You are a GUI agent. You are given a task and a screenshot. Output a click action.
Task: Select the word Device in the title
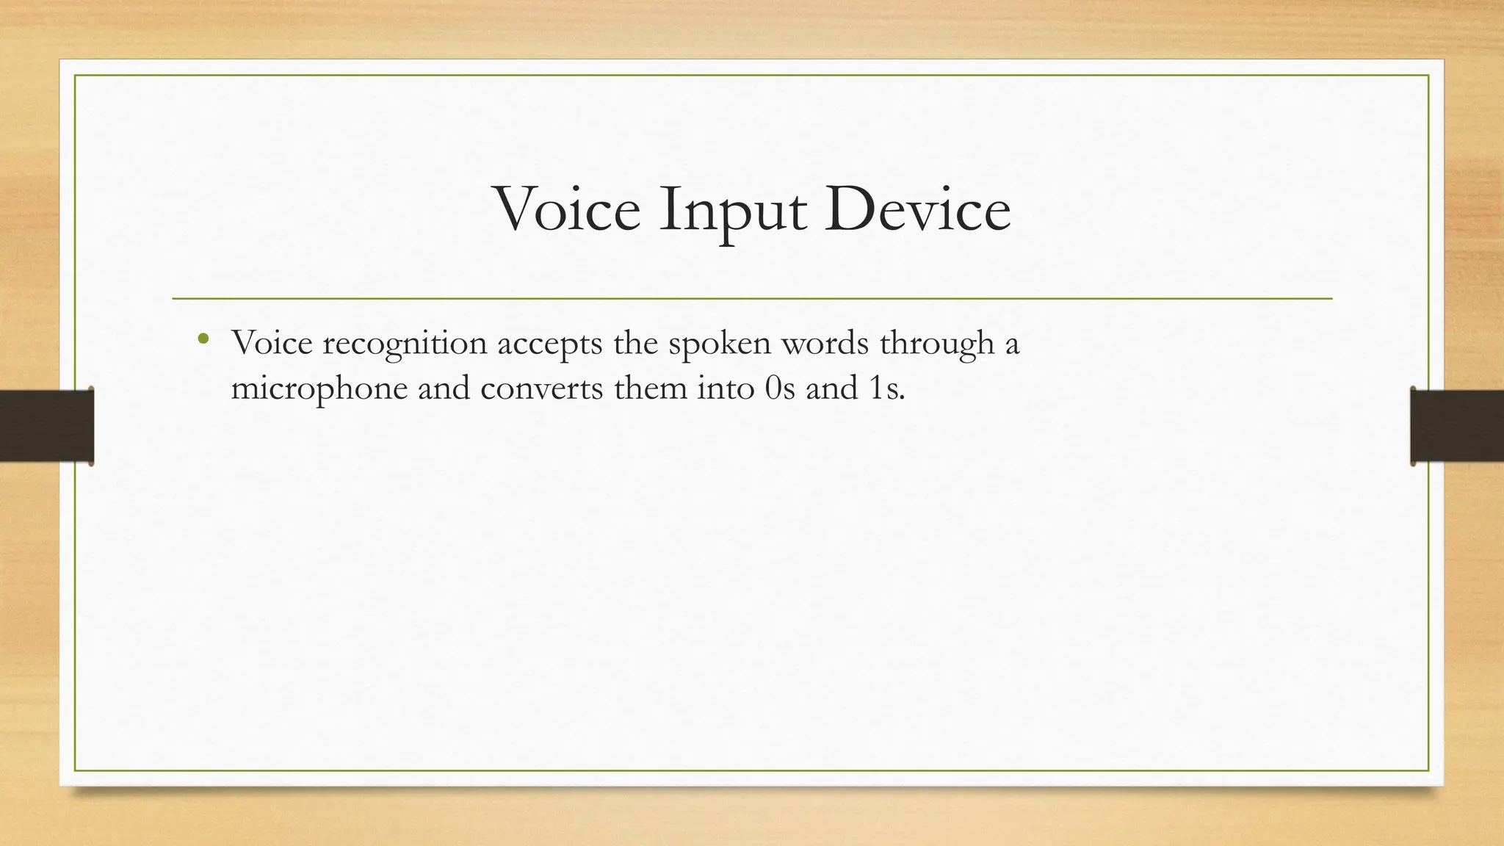click(x=917, y=210)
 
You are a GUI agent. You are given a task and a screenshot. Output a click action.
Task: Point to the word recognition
click(x=405, y=344)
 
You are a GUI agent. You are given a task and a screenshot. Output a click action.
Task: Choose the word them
click(x=650, y=388)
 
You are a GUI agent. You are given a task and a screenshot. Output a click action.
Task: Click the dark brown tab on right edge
click(x=1457, y=426)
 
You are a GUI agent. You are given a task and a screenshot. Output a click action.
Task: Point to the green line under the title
click(x=752, y=299)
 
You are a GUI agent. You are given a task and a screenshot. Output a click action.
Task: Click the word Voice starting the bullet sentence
click(x=272, y=343)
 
